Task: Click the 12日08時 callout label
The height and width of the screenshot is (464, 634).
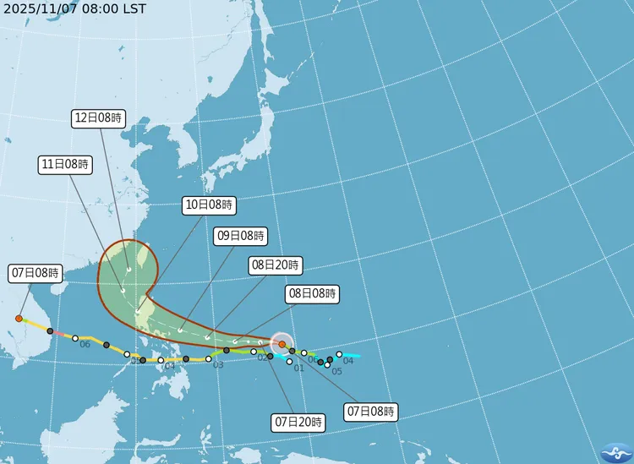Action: tap(99, 119)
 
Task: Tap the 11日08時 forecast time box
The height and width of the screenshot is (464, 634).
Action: tap(65, 165)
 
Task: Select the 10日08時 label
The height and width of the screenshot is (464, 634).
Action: tap(210, 205)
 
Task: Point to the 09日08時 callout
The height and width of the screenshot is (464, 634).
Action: tap(241, 235)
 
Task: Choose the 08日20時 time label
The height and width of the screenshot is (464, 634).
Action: tap(275, 265)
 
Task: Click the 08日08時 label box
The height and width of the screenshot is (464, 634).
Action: tap(313, 294)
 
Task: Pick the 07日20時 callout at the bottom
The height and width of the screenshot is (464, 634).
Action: tap(298, 421)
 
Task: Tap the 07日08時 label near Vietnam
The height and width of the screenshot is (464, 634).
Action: tap(36, 273)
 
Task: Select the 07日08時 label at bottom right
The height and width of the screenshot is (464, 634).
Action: tap(371, 412)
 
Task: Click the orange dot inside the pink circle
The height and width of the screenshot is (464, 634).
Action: tap(281, 344)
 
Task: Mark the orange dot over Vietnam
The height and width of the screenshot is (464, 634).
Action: tap(19, 319)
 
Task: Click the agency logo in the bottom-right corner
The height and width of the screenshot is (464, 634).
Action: tap(615, 451)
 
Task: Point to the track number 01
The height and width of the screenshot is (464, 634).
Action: tap(298, 368)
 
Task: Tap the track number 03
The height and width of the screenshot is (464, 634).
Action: tap(218, 365)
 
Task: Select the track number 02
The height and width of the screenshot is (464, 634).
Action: tap(262, 358)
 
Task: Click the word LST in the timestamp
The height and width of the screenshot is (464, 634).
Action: tap(134, 8)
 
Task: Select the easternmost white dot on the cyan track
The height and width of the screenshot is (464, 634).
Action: tap(339, 354)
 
